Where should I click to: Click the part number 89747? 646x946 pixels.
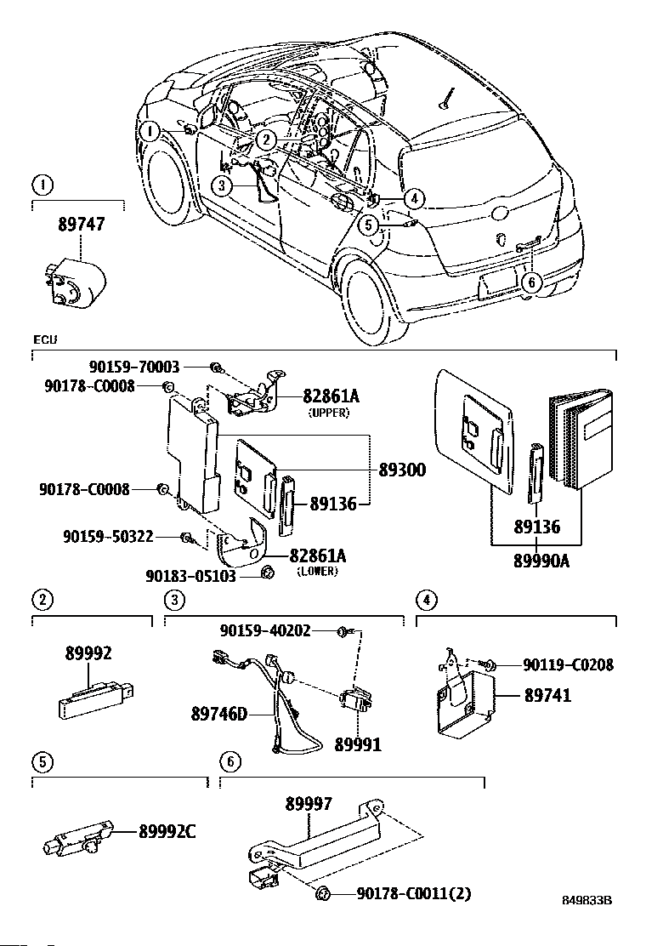(82, 225)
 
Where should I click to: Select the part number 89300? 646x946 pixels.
(404, 470)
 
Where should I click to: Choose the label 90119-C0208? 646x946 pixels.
(567, 665)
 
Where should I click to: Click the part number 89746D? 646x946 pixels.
(218, 714)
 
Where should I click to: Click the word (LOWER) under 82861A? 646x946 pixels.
(317, 571)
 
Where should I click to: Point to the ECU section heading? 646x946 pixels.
(44, 340)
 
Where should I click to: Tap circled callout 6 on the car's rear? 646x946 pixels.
(530, 283)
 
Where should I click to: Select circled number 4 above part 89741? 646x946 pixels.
(425, 601)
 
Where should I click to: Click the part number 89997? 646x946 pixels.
(309, 802)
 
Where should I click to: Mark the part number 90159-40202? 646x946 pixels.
(264, 630)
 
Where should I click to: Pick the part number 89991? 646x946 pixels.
(357, 744)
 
